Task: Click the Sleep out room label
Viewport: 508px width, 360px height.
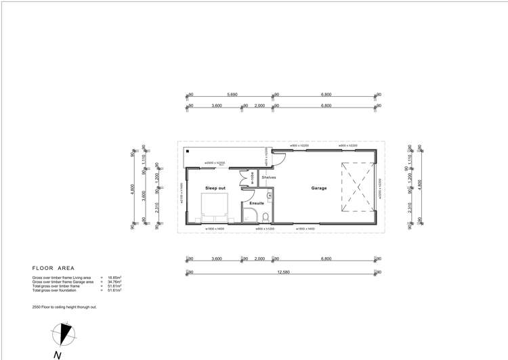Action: point(215,187)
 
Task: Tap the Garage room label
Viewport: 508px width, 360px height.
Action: point(319,188)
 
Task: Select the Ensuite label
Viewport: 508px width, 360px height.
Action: point(257,203)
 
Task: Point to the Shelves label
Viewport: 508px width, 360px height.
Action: point(269,178)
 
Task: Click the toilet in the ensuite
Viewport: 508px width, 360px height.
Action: point(267,217)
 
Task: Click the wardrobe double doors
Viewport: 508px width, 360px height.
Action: point(242,181)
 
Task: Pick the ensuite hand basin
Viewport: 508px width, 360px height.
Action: point(270,196)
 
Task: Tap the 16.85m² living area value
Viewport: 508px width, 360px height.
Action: point(115,277)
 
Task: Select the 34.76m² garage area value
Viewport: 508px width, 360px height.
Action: point(115,282)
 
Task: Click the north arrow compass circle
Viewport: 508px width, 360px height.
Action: point(64,333)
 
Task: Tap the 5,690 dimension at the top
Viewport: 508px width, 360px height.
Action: point(232,95)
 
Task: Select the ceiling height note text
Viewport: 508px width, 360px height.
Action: point(64,307)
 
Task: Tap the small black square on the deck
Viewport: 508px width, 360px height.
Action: point(187,152)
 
